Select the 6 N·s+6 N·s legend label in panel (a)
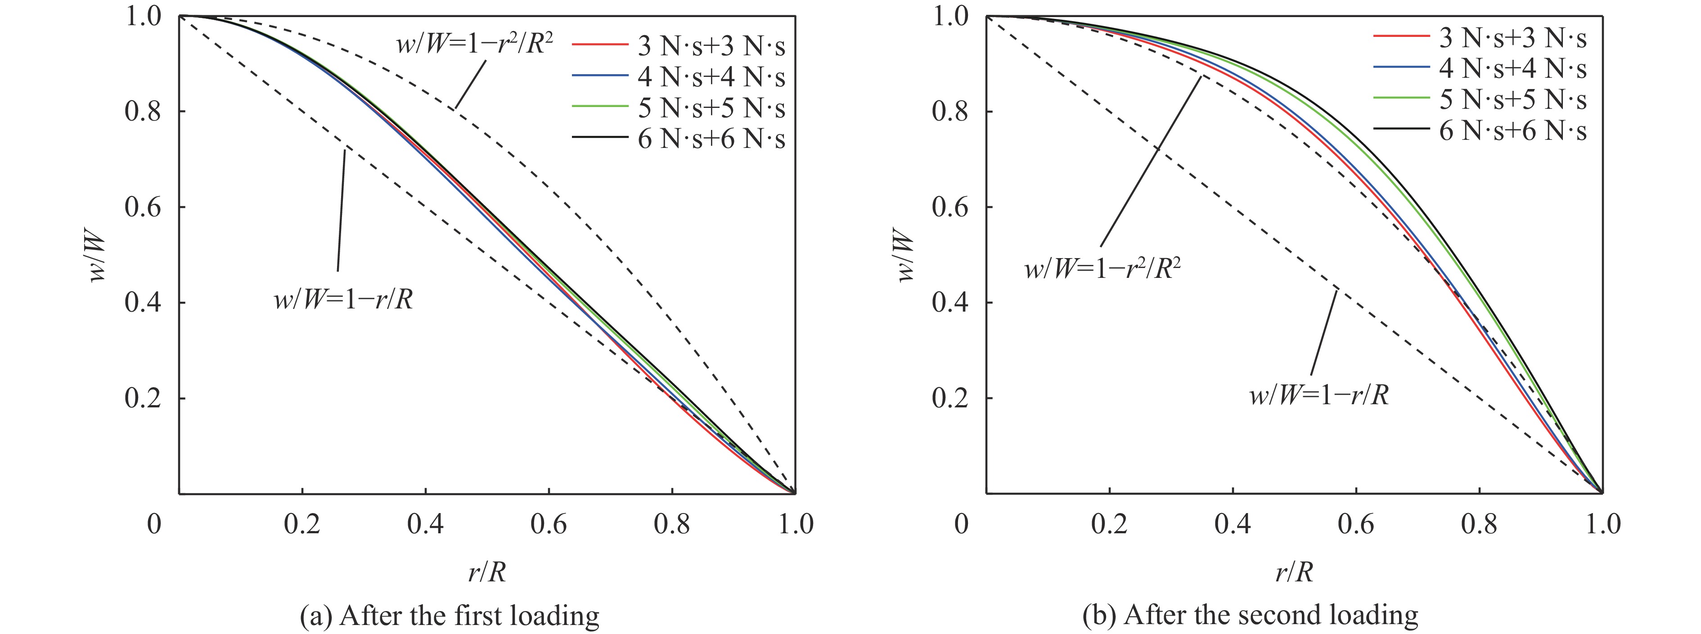(711, 139)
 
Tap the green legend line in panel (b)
(1401, 98)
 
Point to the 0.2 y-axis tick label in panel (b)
(950, 398)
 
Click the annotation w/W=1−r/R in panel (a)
(343, 301)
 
